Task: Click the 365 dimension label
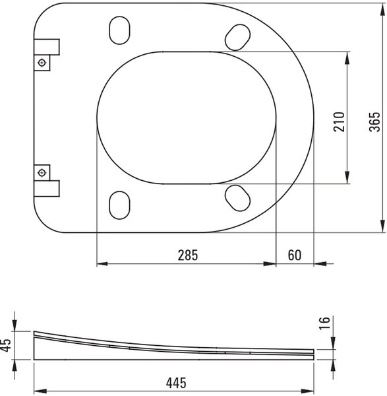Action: point(374,121)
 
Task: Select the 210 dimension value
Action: point(339,121)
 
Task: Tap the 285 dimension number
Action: point(188,255)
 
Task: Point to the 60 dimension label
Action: point(295,255)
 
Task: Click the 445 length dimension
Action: point(176,383)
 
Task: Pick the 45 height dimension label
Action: point(5,345)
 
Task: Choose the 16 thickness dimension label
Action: point(324,323)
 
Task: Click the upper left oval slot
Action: point(119,30)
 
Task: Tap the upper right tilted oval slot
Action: point(237,38)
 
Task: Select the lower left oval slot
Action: point(119,205)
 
